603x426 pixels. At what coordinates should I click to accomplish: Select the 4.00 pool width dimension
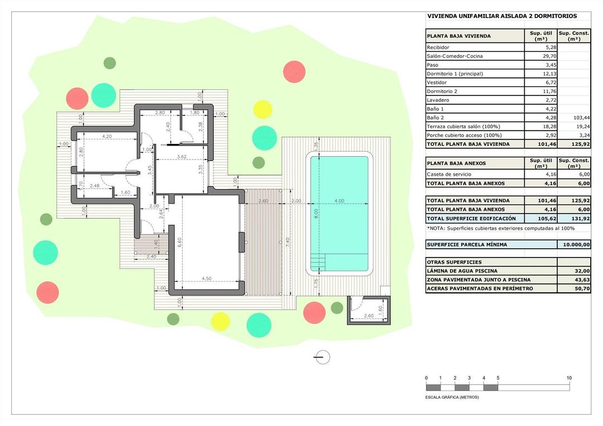[x=339, y=201]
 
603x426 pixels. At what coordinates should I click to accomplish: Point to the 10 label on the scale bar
[x=569, y=378]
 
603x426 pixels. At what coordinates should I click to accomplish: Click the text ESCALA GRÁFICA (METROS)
[x=452, y=398]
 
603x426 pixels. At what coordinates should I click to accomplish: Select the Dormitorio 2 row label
[x=442, y=91]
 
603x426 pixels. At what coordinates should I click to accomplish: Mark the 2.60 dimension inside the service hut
[x=368, y=316]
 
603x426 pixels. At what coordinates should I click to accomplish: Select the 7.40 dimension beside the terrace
[x=287, y=241]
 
